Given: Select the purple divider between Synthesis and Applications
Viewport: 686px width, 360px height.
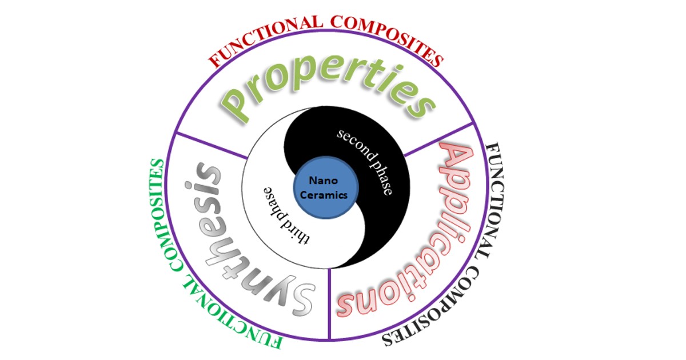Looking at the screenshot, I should point(330,303).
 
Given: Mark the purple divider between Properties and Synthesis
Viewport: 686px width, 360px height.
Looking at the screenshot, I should point(212,146).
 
